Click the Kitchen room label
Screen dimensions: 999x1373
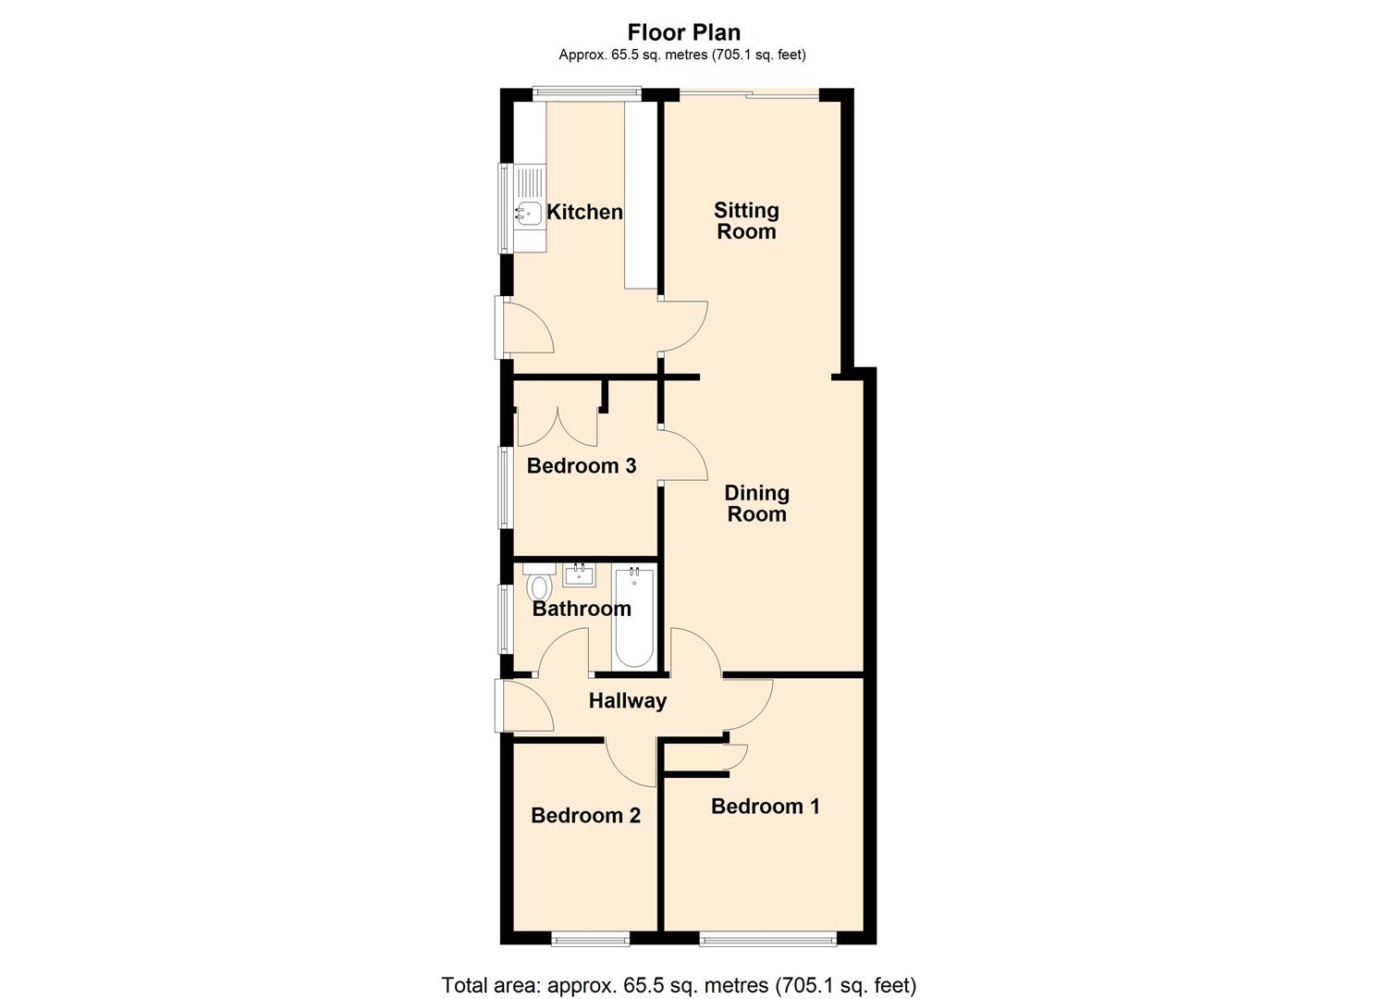[x=584, y=212]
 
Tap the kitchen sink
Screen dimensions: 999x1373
[x=528, y=214]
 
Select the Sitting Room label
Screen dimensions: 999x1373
[x=746, y=221]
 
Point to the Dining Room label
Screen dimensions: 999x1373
[x=756, y=503]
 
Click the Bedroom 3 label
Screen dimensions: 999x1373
[x=582, y=465]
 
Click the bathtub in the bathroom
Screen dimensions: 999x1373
[x=634, y=617]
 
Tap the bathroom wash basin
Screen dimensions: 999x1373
[x=580, y=574]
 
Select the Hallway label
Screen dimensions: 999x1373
[x=628, y=701]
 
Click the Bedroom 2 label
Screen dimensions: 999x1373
[x=585, y=815]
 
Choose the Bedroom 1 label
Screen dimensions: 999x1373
[x=765, y=807]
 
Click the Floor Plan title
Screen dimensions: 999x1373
[x=683, y=33]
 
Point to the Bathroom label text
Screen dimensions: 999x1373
[x=582, y=609]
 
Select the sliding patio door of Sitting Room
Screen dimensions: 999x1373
[x=749, y=93]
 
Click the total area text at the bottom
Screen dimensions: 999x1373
[x=679, y=985]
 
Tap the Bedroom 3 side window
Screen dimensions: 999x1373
[x=505, y=487]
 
